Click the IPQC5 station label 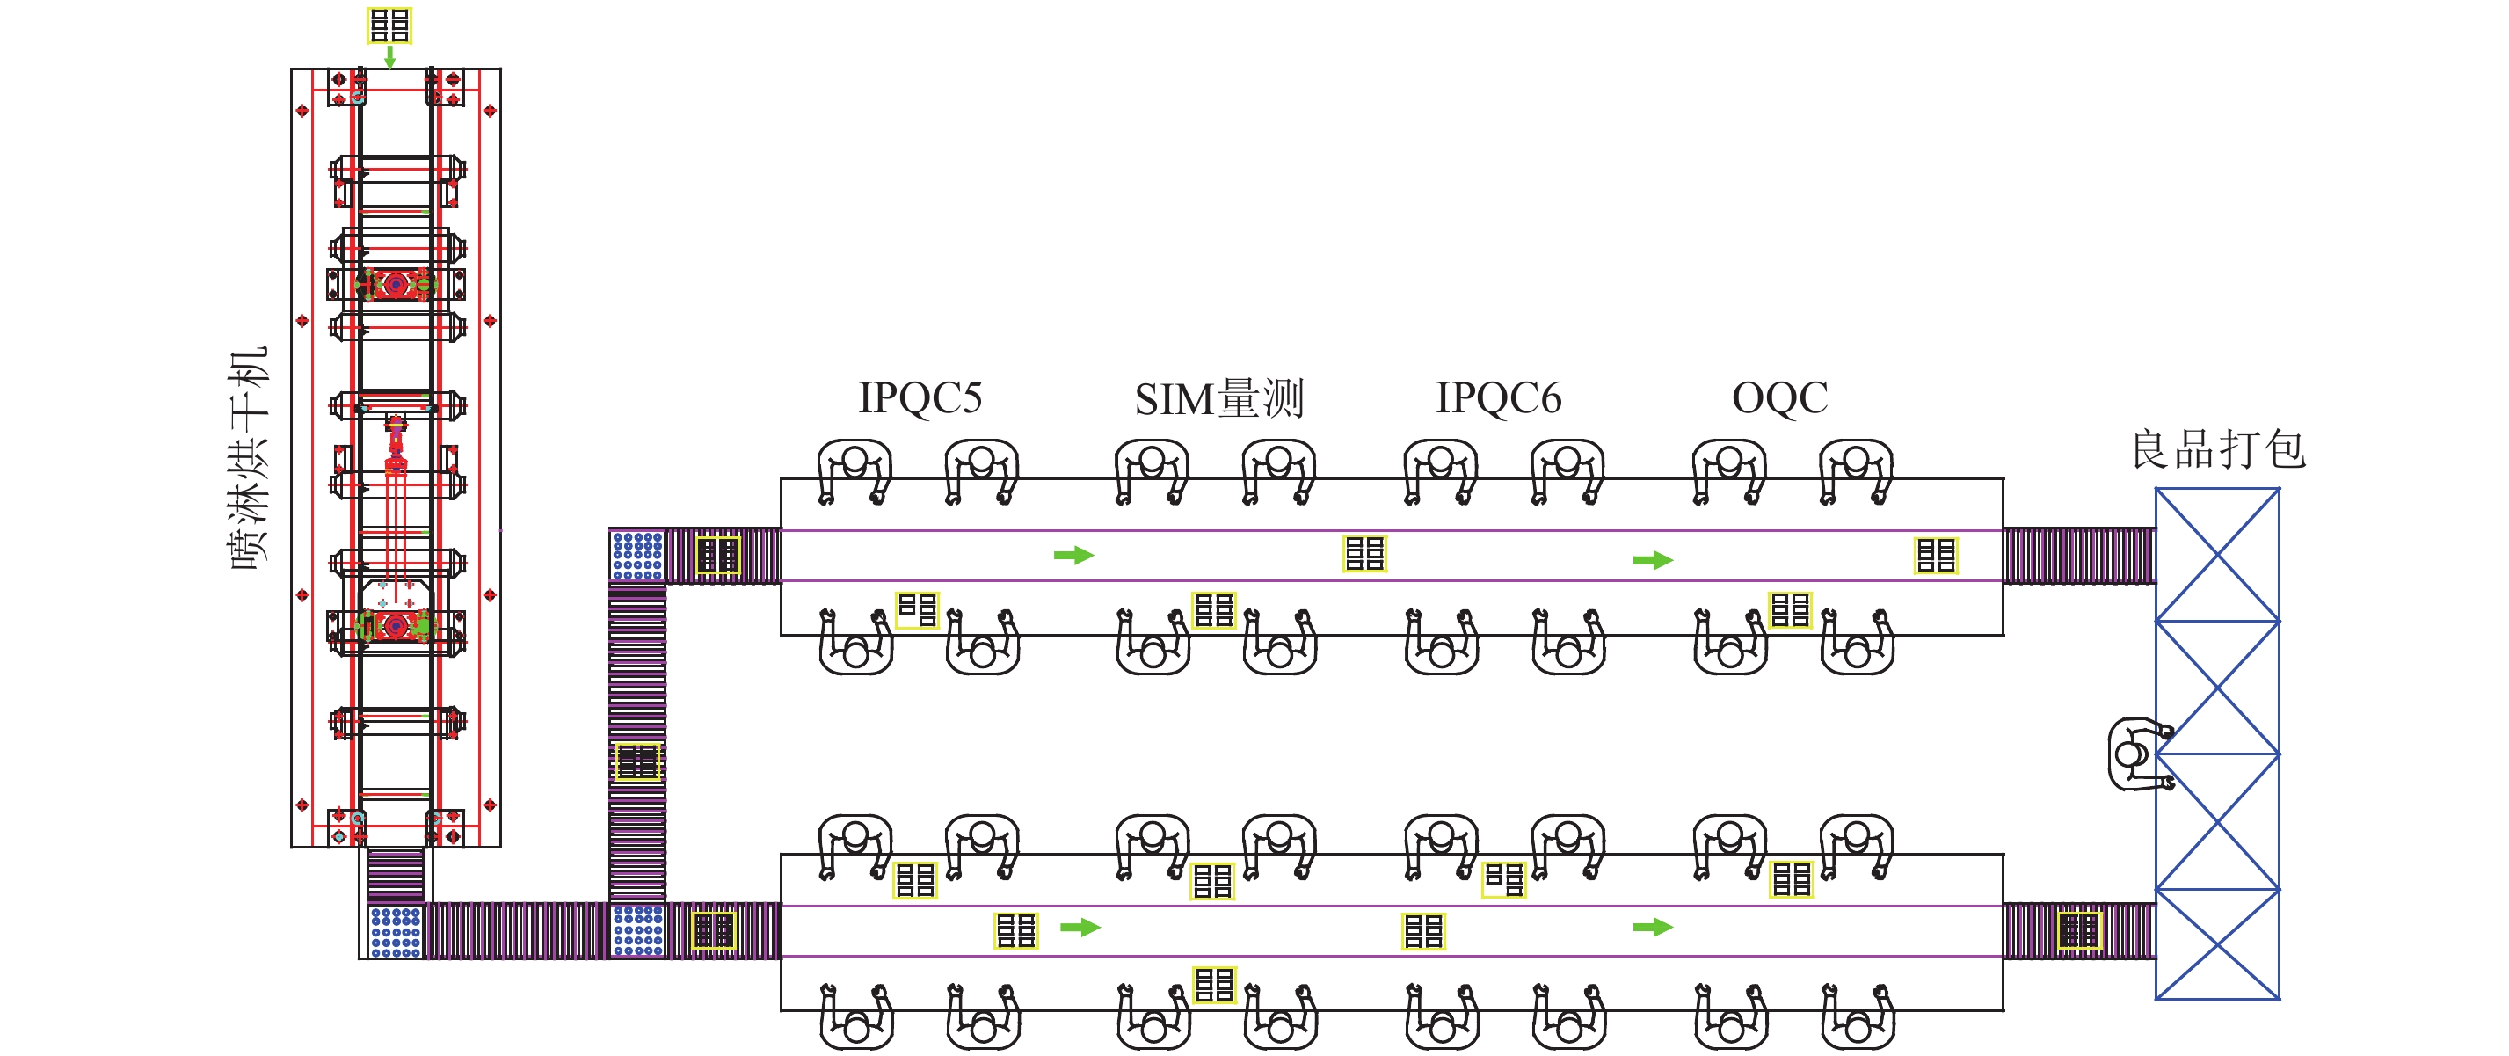[x=920, y=397]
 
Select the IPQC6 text [x=1498, y=397]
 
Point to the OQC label [x=1779, y=397]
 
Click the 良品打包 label [x=2218, y=449]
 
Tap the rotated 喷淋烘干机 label [x=249, y=458]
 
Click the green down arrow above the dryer [x=389, y=56]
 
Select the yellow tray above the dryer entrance [x=389, y=25]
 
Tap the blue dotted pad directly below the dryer [x=396, y=931]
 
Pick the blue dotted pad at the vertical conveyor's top [x=637, y=556]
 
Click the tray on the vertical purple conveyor [x=638, y=761]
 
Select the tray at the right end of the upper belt [x=1935, y=556]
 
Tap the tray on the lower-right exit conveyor [x=2079, y=930]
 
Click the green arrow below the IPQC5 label [x=1073, y=556]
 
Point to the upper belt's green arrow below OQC [x=1653, y=560]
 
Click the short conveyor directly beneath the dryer [x=396, y=875]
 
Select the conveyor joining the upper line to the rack [x=2078, y=556]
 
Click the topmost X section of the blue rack [x=2217, y=554]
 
